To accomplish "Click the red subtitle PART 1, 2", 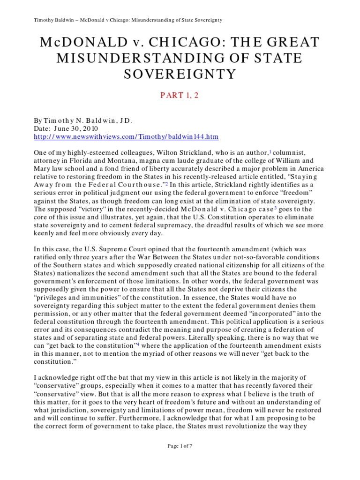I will click(180, 96).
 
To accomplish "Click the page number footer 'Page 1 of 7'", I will click(180, 459).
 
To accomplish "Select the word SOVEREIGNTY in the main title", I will click(180, 74).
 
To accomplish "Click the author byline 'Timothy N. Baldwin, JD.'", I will click(89, 120).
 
